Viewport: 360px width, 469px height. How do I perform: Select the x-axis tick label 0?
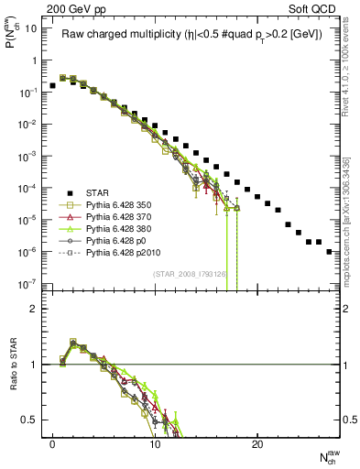52,446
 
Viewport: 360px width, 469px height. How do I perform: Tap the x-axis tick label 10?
155,446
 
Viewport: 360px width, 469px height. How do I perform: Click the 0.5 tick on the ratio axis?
29,420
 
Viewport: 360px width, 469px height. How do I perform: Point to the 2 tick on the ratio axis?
34,309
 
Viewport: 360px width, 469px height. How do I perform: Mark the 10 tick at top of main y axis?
30,28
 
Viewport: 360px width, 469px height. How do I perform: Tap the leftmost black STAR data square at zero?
52,85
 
